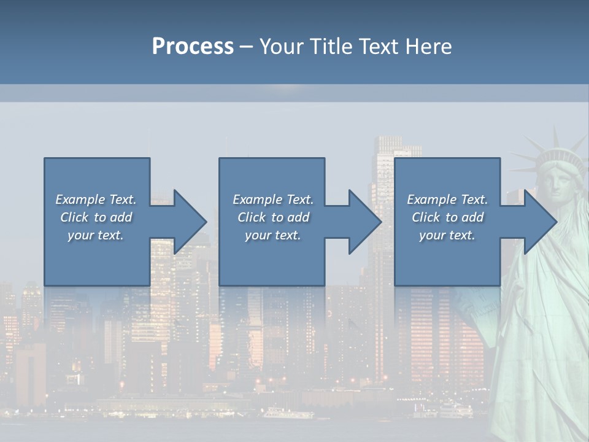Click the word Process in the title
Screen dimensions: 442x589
pos(193,47)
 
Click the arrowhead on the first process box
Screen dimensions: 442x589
pos(190,222)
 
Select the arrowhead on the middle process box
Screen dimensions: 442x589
pos(365,222)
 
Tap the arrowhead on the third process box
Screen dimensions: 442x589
pos(540,222)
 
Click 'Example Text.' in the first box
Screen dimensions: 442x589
pos(96,200)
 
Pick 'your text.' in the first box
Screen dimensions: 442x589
pos(96,235)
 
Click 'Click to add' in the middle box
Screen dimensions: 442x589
pos(273,217)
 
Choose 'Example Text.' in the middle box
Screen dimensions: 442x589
pos(273,200)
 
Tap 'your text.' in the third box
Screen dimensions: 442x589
pos(447,235)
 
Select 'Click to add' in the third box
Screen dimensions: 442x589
pos(447,217)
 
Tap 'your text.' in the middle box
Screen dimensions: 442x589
pos(273,235)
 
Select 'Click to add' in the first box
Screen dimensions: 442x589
pos(96,217)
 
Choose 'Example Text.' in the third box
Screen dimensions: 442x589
pos(447,200)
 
